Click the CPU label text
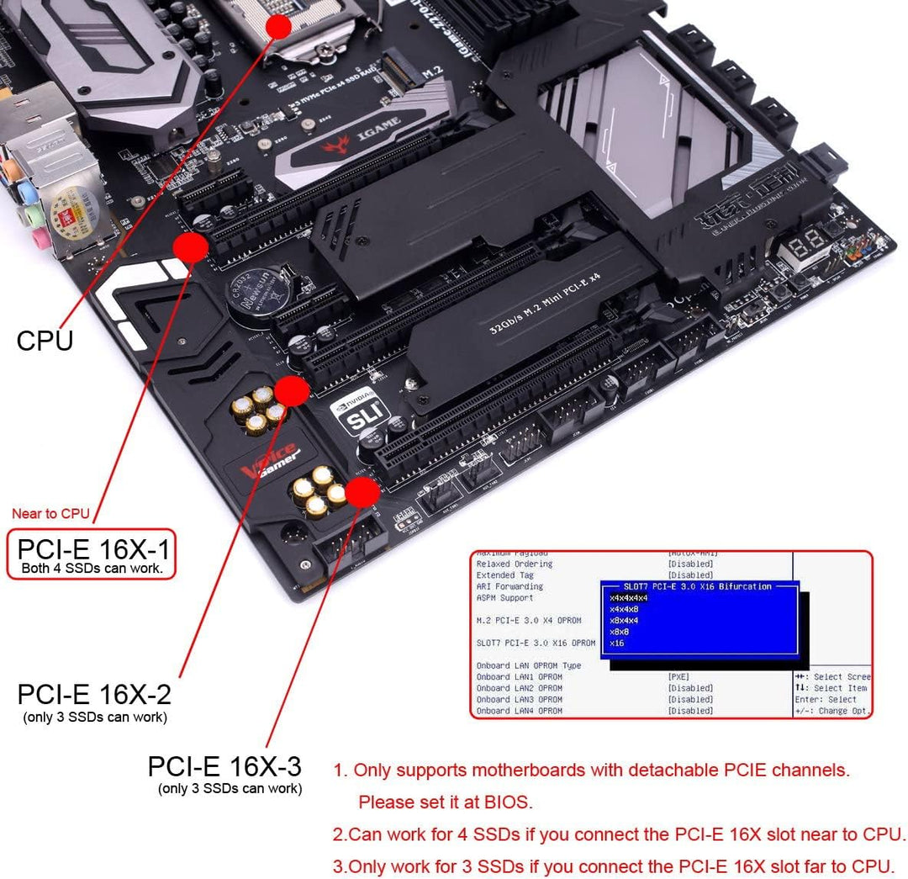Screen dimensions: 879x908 (x=45, y=341)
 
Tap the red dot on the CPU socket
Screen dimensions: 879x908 (x=278, y=25)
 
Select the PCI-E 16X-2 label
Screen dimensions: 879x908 (x=94, y=695)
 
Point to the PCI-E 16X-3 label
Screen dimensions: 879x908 (x=224, y=766)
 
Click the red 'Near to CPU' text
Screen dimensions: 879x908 (x=50, y=513)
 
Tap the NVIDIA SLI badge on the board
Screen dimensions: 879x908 (x=357, y=410)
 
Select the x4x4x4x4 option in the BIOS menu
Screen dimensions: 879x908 (x=629, y=598)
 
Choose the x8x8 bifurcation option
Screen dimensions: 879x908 (x=620, y=632)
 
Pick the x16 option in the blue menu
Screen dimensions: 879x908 (x=617, y=643)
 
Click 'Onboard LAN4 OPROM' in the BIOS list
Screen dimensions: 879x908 (x=519, y=711)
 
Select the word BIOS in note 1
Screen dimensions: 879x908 (x=507, y=802)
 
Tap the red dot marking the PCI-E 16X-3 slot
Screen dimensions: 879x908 (x=362, y=493)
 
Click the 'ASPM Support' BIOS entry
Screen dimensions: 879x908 (x=504, y=598)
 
